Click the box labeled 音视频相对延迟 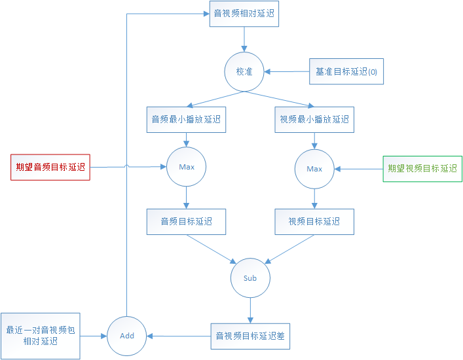244,13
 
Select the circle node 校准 244,71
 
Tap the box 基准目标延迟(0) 346,71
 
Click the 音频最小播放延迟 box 186,120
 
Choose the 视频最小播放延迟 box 314,120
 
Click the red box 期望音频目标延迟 50,167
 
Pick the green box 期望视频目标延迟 422,168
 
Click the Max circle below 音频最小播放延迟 187,167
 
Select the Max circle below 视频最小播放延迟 314,169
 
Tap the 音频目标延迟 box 186,222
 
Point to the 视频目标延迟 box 314,222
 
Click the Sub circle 250,278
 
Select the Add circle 127,336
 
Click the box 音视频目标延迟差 250,336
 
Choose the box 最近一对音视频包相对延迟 41,336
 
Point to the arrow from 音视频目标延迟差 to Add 179,336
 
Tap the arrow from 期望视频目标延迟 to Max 358,169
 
